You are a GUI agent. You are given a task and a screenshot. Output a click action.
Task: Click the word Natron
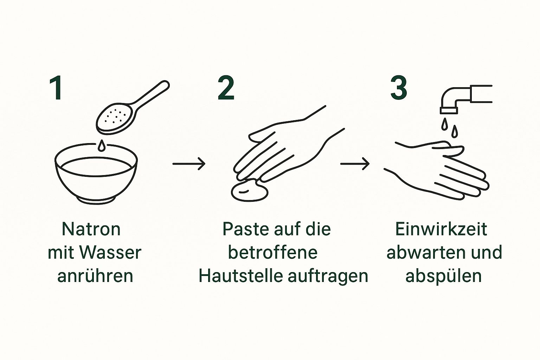[x=91, y=229]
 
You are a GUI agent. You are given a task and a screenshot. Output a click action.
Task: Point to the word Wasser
[x=110, y=252]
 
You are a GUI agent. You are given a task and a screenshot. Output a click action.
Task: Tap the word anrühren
[x=95, y=276]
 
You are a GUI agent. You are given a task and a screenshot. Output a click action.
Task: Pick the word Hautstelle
[x=240, y=276]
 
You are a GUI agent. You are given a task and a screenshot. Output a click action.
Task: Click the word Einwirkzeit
[x=441, y=229]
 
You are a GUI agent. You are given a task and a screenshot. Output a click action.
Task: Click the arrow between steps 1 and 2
[x=189, y=164]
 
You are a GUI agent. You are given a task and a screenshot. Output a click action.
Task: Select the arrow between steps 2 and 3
[x=355, y=164]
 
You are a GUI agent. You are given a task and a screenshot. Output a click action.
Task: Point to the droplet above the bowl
[x=102, y=146]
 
